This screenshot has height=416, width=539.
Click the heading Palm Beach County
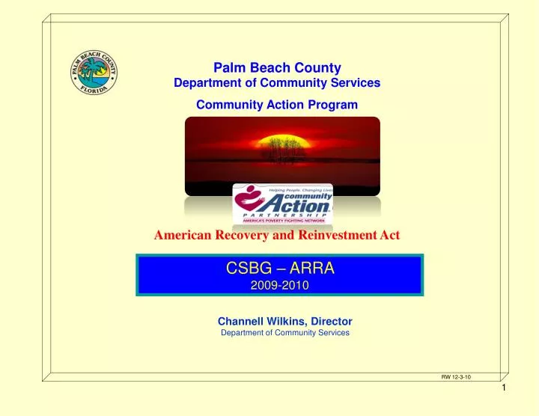(x=277, y=67)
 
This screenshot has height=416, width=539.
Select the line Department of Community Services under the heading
(x=277, y=83)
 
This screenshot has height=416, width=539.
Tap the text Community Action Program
(x=277, y=105)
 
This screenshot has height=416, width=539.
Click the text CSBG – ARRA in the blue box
(x=279, y=269)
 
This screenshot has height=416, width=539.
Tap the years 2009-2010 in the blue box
(x=279, y=285)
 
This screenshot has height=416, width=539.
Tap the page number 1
(x=505, y=408)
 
